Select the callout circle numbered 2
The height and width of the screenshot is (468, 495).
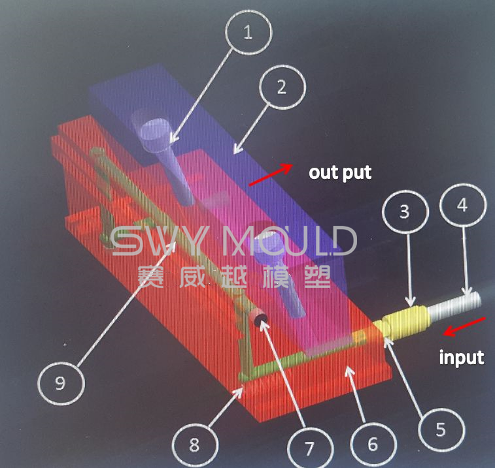click(282, 87)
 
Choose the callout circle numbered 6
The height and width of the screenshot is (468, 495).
click(373, 445)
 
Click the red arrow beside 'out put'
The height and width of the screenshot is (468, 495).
click(269, 174)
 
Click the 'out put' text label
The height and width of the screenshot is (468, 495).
click(340, 173)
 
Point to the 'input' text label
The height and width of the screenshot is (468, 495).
click(461, 358)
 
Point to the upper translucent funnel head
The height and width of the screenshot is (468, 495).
click(150, 128)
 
